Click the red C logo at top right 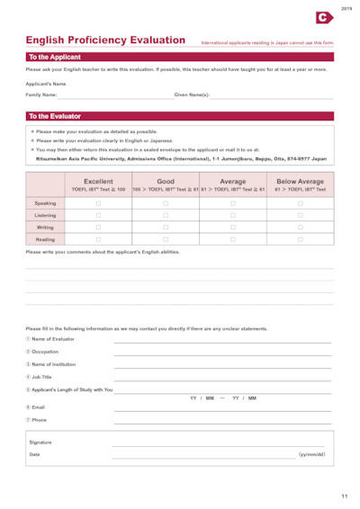pos(325,16)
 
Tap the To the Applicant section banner pos(54,57)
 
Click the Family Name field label pos(41,94)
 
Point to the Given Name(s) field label pos(192,94)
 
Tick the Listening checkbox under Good pos(166,216)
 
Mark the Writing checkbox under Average pos(233,228)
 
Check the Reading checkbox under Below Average pos(301,240)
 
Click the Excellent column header pos(99,182)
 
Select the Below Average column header pos(301,182)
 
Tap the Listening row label pos(45,216)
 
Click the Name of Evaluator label pos(54,339)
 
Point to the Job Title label pos(41,377)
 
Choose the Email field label pos(38,407)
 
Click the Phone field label pos(39,420)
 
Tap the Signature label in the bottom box pos(41,442)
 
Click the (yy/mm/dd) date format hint pos(311,455)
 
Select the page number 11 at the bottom pos(344,496)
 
